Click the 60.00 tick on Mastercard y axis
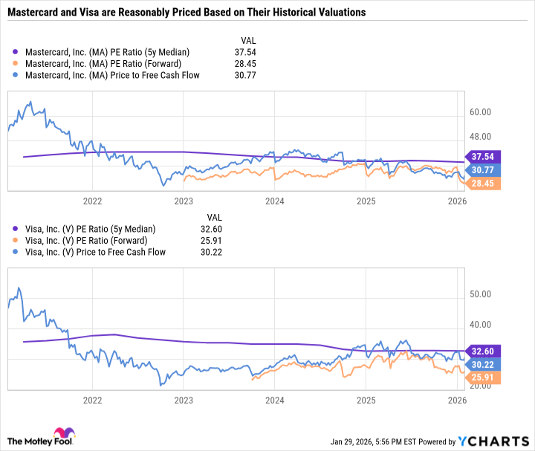coord(481,112)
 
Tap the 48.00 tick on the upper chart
coord(481,137)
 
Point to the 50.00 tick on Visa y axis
coord(481,294)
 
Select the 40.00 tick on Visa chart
coord(481,325)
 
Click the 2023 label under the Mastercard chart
coord(184,201)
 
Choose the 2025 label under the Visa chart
coord(366,398)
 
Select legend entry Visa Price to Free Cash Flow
coord(94,252)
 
